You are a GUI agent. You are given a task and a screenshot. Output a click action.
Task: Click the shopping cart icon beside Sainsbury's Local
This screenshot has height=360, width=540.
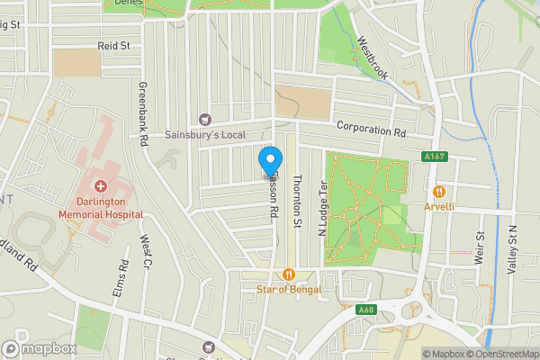pyautogui.click(x=204, y=119)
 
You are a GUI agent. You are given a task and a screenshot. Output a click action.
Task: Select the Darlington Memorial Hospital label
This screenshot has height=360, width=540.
pyautogui.click(x=100, y=209)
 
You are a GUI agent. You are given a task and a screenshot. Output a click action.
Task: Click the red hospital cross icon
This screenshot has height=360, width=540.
pyautogui.click(x=100, y=185)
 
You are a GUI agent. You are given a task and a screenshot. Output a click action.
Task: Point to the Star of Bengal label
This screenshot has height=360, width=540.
pyautogui.click(x=288, y=289)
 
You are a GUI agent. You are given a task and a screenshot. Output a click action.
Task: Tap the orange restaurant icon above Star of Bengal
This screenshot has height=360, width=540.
pyautogui.click(x=288, y=274)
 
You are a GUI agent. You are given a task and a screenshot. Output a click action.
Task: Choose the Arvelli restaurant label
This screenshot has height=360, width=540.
pyautogui.click(x=439, y=206)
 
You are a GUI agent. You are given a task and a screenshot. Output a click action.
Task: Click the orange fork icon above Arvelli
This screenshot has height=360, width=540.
pyautogui.click(x=439, y=191)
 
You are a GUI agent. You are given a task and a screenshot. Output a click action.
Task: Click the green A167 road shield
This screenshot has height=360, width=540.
pyautogui.click(x=434, y=157)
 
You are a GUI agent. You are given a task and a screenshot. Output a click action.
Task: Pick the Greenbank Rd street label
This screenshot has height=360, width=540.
pyautogui.click(x=142, y=115)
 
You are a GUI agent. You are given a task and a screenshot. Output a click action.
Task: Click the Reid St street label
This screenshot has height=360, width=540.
pyautogui.click(x=114, y=45)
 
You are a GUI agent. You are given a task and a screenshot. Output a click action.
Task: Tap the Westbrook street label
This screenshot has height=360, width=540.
pyautogui.click(x=372, y=58)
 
